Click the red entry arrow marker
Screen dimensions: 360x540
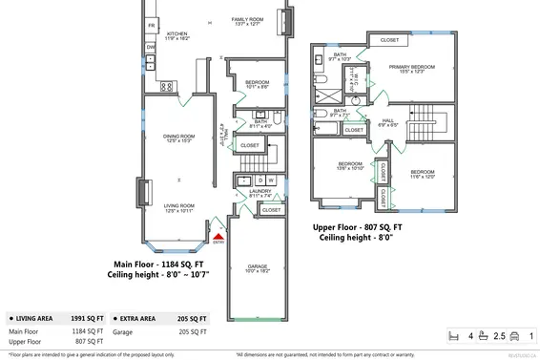218,236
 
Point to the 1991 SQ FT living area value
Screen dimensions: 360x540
88,319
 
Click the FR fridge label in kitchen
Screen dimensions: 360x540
151,24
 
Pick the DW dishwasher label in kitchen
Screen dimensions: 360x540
151,46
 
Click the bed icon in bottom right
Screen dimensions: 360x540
455,336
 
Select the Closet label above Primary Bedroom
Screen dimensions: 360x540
389,40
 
